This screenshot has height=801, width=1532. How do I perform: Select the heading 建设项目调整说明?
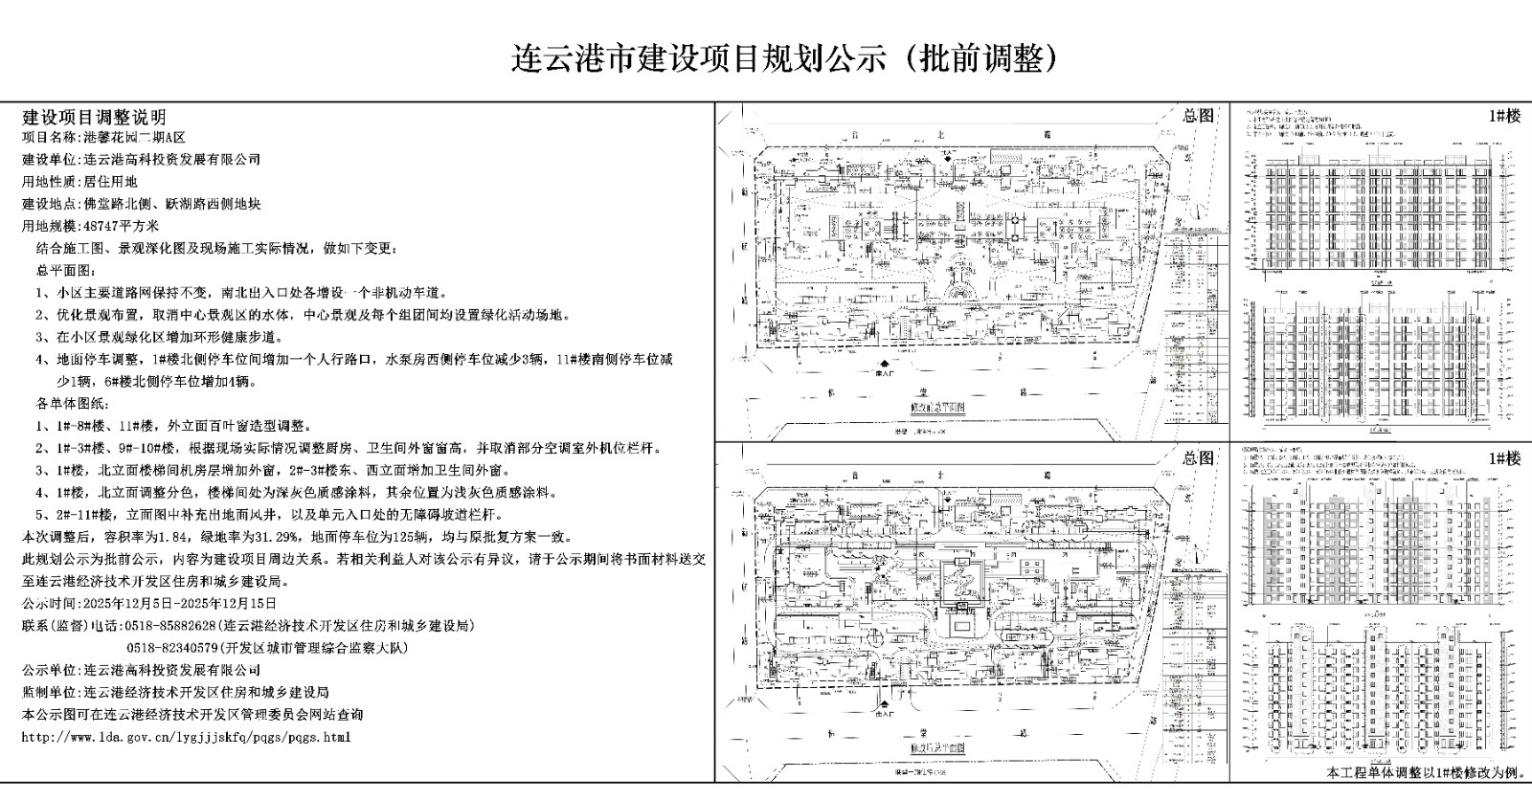click(94, 117)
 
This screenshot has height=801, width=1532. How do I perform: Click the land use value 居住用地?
click(111, 181)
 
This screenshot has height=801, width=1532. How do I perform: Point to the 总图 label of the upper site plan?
click(1197, 116)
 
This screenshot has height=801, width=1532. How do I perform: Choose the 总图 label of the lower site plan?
click(1197, 458)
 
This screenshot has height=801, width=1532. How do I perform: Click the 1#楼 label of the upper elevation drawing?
click(1504, 116)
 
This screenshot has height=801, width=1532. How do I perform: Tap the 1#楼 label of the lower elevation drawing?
click(1504, 458)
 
